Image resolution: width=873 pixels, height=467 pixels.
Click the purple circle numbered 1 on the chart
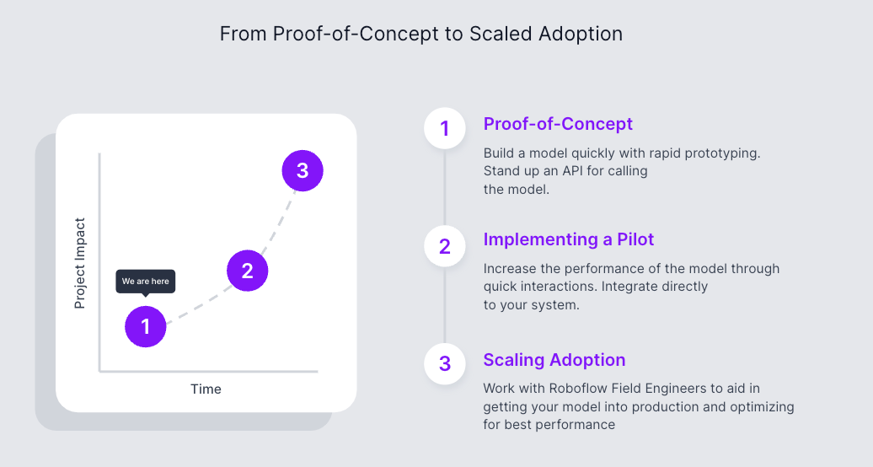(146, 326)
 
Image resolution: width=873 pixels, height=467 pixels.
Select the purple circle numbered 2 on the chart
(247, 271)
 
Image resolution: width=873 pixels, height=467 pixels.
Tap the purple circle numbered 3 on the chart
(303, 171)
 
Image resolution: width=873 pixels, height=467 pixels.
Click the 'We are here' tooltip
(146, 282)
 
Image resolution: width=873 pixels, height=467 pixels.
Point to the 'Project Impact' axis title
(80, 263)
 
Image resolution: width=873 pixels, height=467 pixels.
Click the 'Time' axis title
(206, 389)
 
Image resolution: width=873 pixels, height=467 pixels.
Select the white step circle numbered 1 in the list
(445, 129)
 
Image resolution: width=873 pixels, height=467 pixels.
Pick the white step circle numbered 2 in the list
(445, 246)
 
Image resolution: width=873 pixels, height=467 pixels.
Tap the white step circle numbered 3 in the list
(445, 364)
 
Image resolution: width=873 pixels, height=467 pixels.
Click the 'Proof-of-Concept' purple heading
(558, 124)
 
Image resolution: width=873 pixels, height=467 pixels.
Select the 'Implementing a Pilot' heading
(569, 239)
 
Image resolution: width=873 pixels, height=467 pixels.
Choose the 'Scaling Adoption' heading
(554, 360)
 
